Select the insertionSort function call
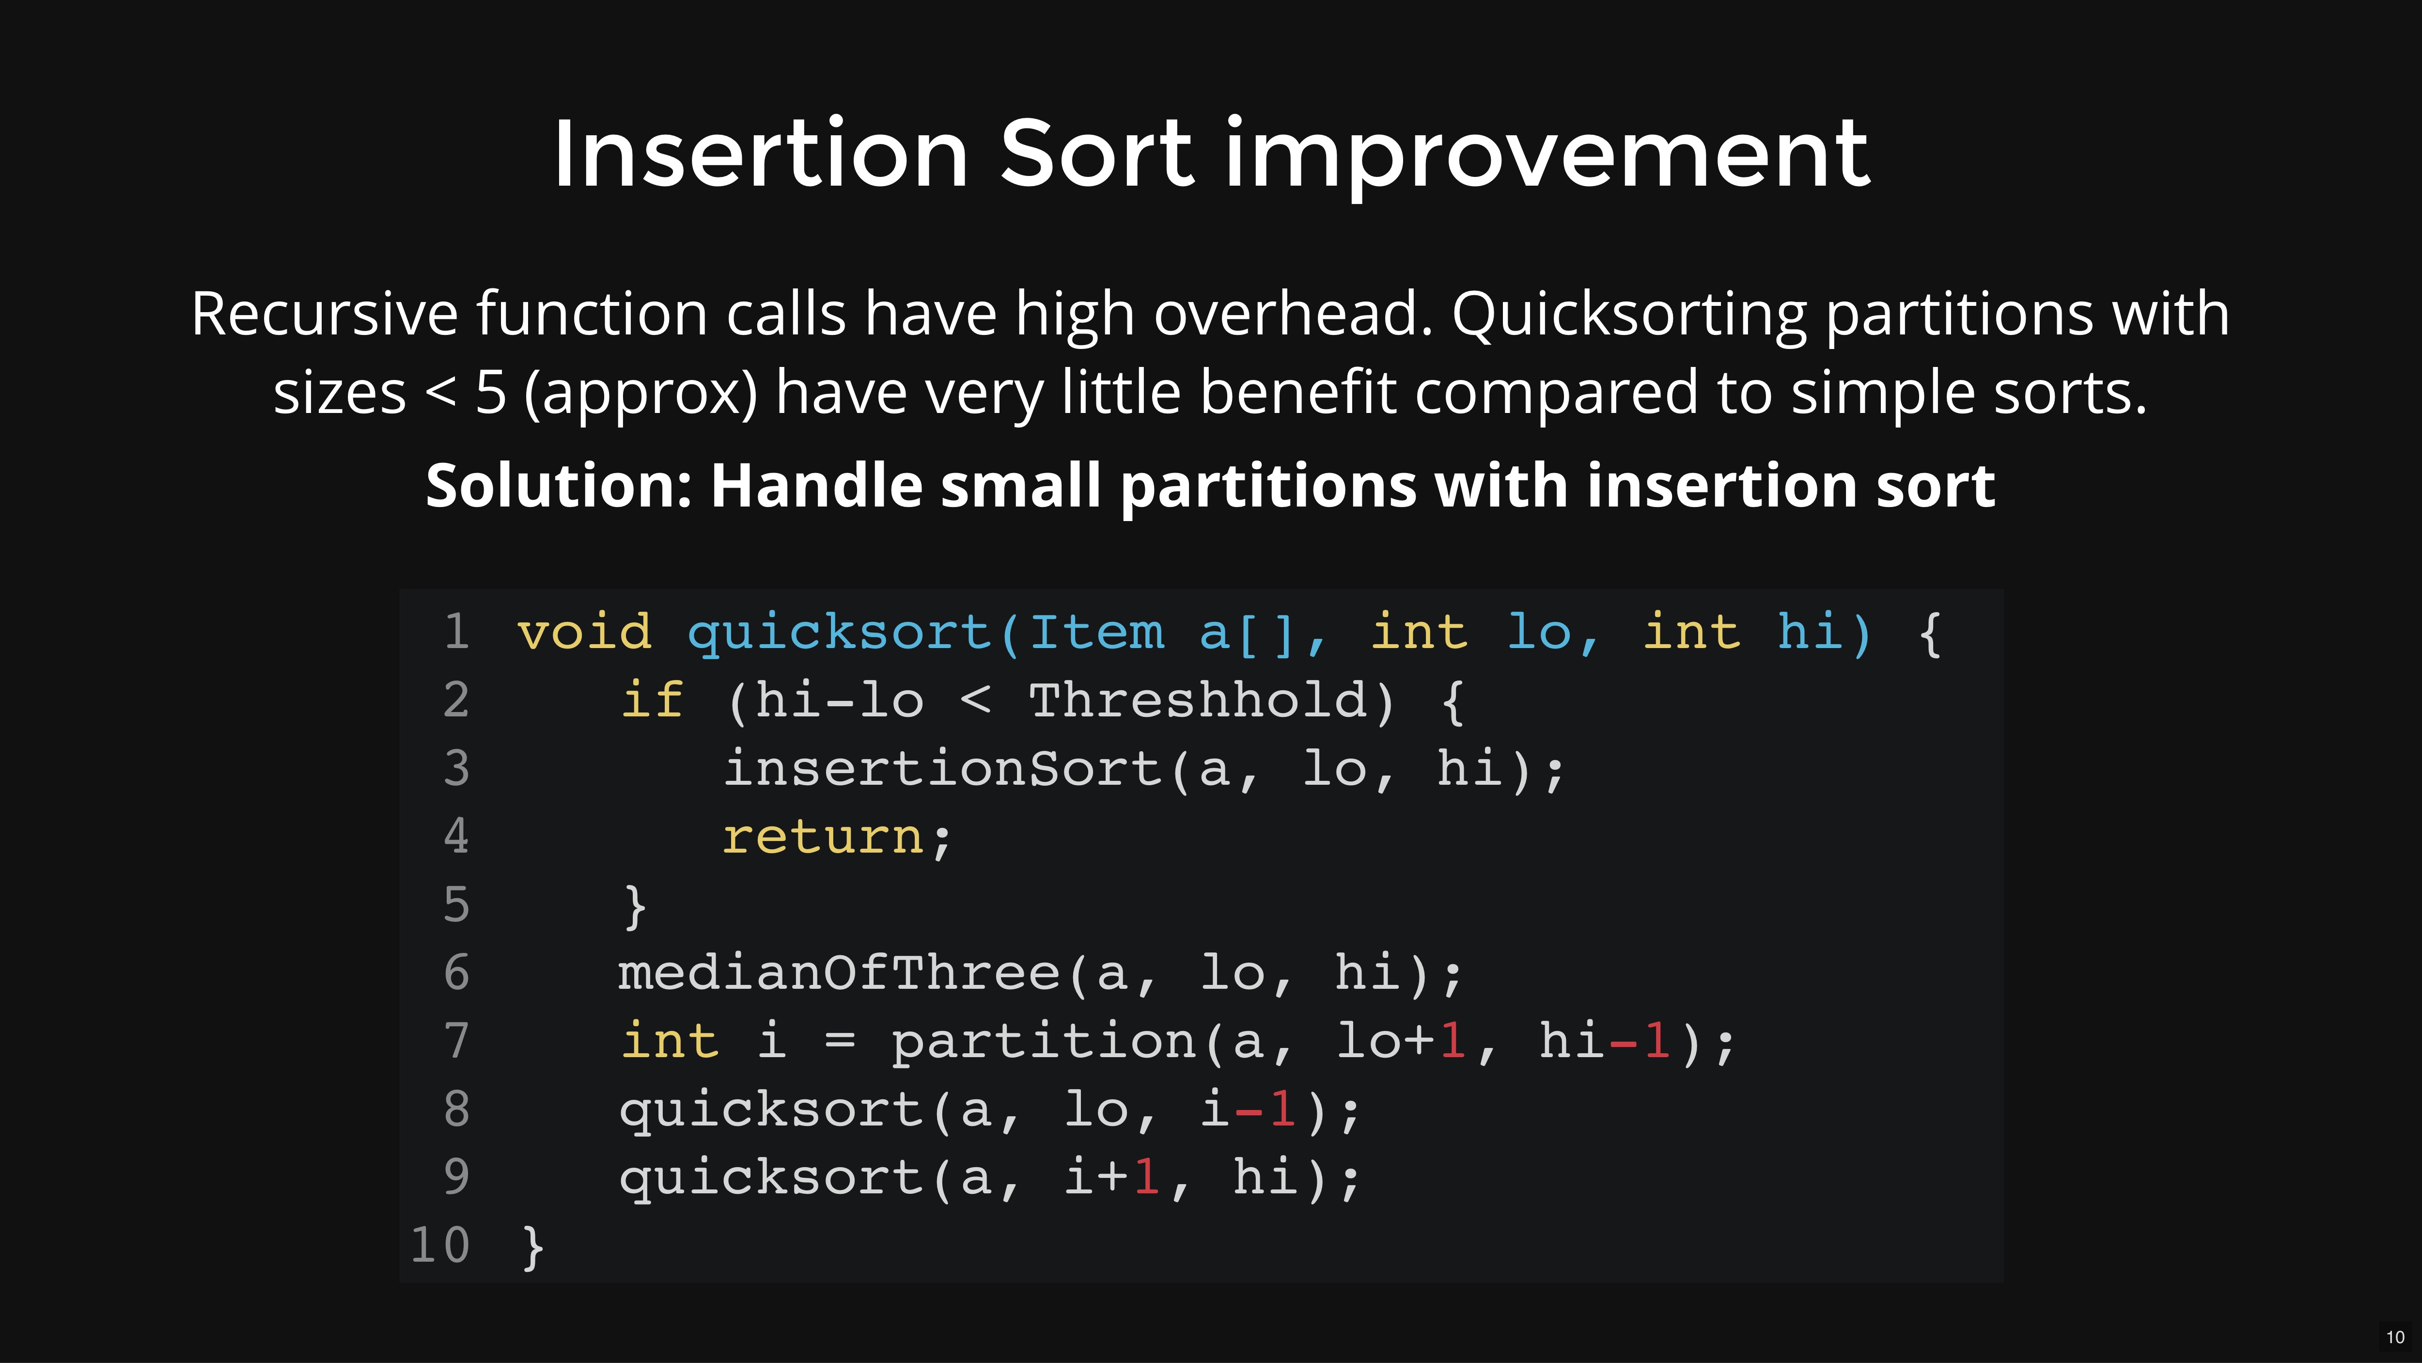click(944, 769)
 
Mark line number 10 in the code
click(440, 1245)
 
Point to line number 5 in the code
click(456, 905)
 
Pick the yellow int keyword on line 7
click(670, 1040)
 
